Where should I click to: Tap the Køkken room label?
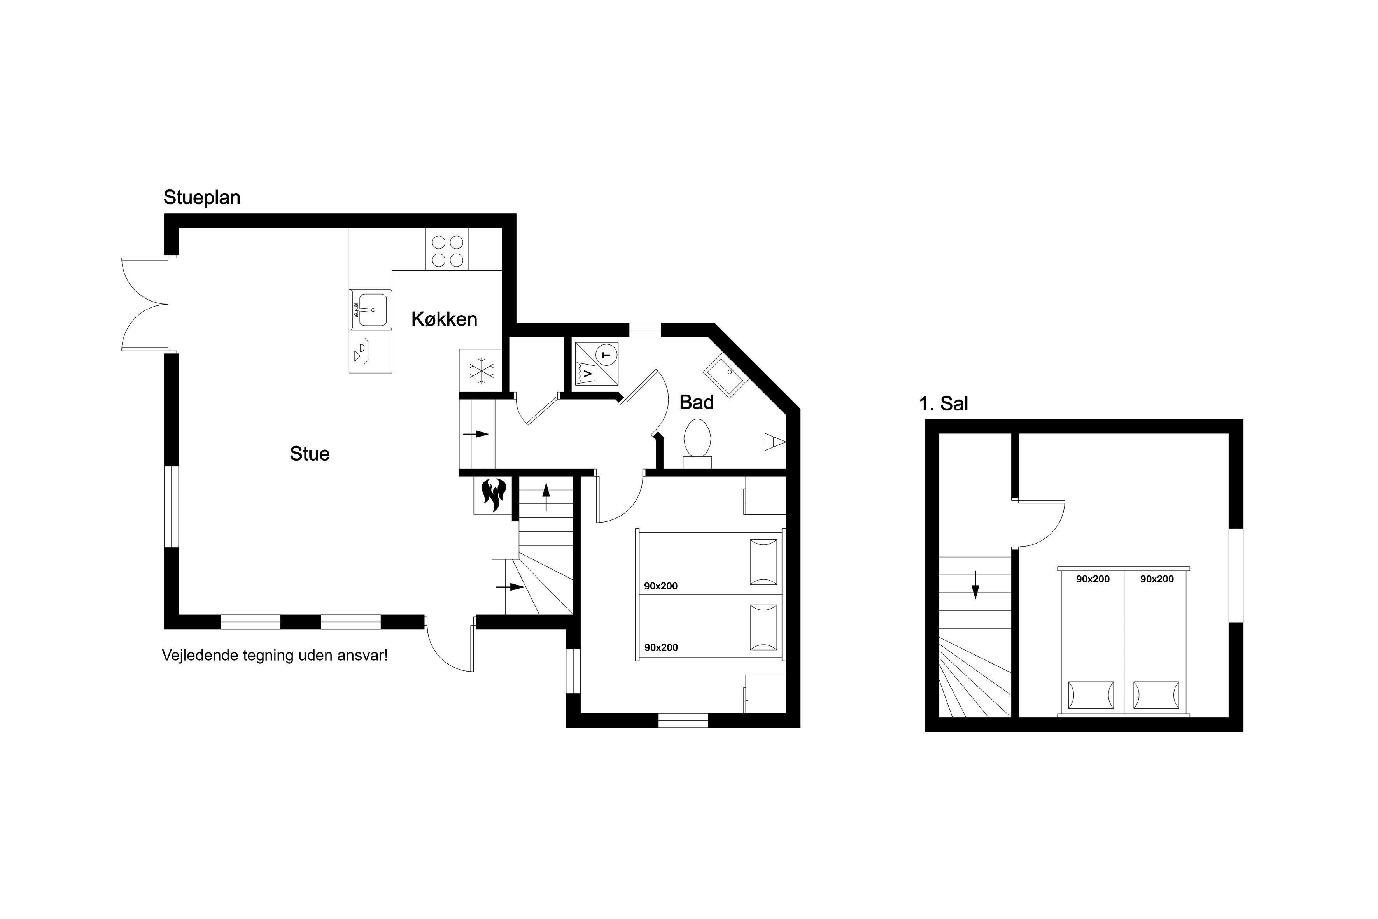point(444,319)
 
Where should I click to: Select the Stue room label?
point(310,454)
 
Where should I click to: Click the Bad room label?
point(697,403)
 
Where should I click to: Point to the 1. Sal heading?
point(943,404)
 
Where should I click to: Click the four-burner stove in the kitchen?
point(448,251)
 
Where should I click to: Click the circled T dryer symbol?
point(606,354)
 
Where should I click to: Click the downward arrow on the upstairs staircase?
point(975,584)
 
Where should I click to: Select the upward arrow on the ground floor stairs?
point(546,497)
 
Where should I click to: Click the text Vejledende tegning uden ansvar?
point(275,655)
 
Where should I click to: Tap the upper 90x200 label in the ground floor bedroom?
point(661,586)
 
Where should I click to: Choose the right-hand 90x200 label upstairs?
point(1157,579)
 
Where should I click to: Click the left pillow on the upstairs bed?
point(1091,695)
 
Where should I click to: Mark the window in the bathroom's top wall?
point(645,330)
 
